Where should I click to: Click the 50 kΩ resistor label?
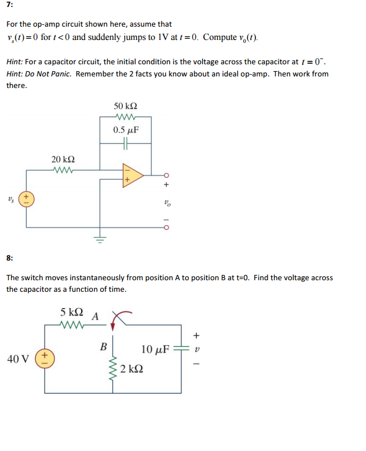pos(126,107)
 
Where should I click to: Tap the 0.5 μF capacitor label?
pos(126,130)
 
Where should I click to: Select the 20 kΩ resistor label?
pos(63,159)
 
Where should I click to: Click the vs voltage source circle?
pos(26,199)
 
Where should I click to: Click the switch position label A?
pos(95,316)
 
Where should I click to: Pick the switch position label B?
pos(103,347)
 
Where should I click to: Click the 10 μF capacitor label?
pos(155,349)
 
